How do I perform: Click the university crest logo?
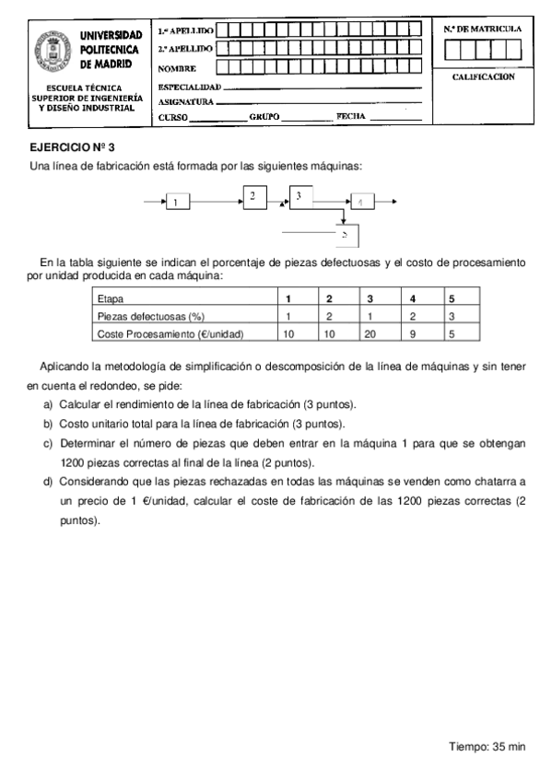52,52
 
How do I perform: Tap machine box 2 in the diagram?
254,195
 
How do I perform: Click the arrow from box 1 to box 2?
216,200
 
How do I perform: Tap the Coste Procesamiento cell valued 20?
370,333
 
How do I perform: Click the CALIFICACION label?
483,77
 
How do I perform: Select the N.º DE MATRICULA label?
483,29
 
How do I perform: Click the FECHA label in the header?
351,116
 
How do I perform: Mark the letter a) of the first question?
48,405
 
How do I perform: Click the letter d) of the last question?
48,483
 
